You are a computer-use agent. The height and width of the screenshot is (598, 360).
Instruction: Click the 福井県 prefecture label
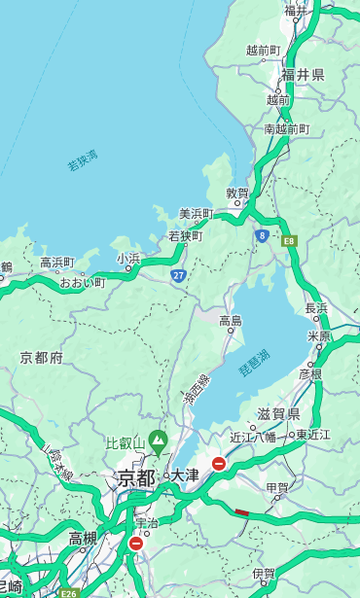click(x=303, y=75)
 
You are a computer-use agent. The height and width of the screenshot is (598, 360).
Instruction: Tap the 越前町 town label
click(x=263, y=51)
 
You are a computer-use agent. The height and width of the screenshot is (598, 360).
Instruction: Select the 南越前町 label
click(x=286, y=128)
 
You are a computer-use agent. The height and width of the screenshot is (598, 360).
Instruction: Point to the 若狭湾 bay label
click(x=83, y=160)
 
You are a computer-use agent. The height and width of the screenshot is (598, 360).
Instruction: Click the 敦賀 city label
click(x=237, y=193)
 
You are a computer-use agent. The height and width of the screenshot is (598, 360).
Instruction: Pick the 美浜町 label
click(x=197, y=214)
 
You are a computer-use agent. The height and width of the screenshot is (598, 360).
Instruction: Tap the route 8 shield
click(x=262, y=235)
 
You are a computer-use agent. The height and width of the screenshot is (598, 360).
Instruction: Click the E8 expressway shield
click(x=289, y=240)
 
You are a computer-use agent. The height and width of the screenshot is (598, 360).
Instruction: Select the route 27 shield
click(x=179, y=276)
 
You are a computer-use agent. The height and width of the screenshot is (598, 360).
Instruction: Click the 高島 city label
click(x=231, y=321)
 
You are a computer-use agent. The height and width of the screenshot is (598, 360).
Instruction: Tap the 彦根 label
click(x=310, y=373)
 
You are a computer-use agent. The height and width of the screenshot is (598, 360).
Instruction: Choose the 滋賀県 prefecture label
click(x=278, y=414)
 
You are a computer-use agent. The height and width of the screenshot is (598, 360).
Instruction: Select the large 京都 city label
click(x=136, y=477)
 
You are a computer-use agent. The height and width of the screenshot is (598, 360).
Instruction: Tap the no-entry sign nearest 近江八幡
click(x=219, y=464)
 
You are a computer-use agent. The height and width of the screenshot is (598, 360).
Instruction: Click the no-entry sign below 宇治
click(x=135, y=544)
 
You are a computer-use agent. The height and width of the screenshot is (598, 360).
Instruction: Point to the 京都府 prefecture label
click(x=42, y=358)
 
